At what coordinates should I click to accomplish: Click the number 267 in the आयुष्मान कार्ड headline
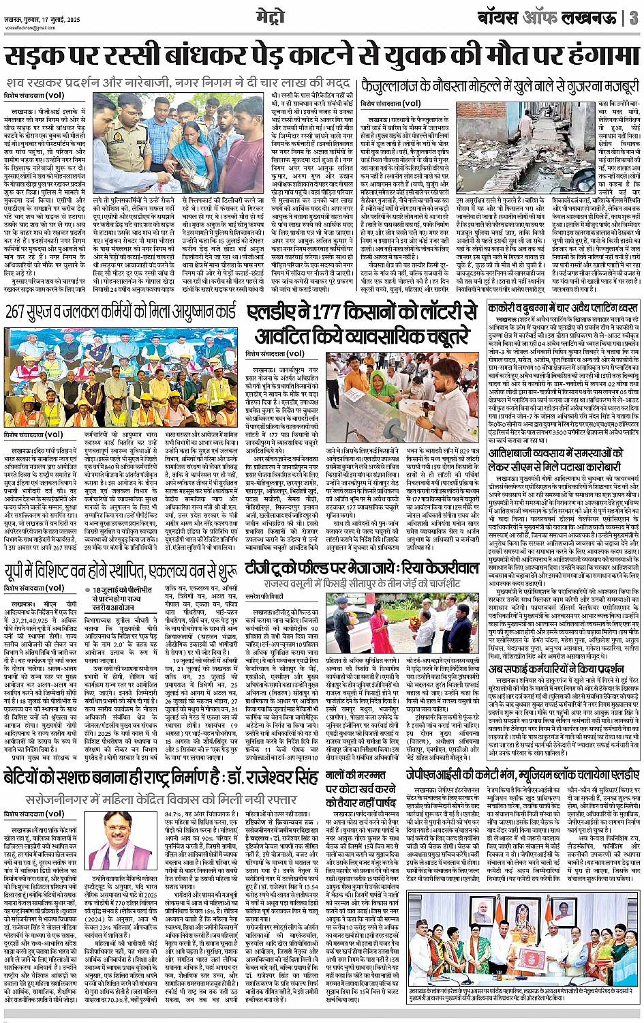[21, 314]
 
